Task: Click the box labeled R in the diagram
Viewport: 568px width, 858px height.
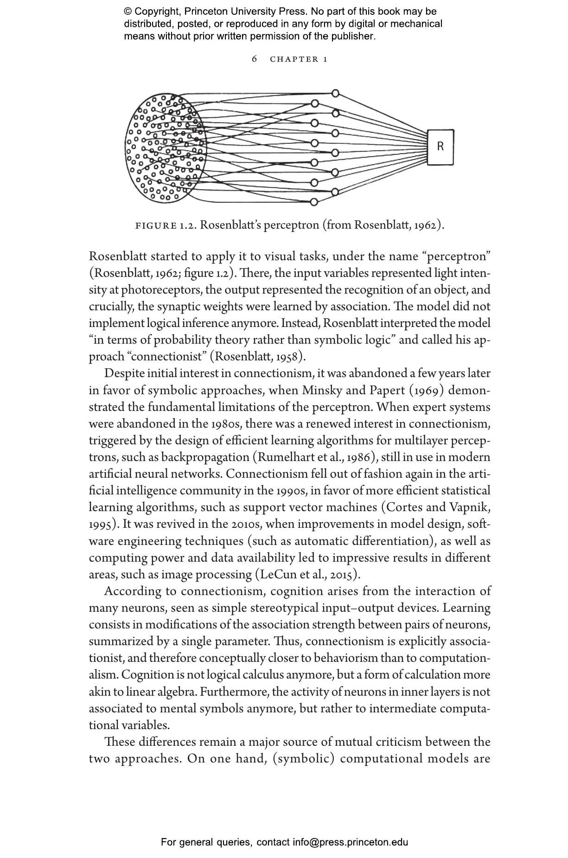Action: click(x=440, y=147)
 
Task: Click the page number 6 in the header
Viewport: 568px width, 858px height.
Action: click(x=254, y=59)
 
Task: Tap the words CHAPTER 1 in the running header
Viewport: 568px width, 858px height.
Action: click(x=299, y=59)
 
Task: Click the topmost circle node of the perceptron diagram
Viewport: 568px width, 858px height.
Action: click(x=335, y=93)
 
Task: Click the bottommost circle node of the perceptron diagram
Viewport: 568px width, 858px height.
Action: click(x=314, y=202)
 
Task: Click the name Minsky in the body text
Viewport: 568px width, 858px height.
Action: click(x=321, y=391)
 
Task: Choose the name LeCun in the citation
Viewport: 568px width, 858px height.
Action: click(x=277, y=575)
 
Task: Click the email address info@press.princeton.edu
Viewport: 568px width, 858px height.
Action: click(x=350, y=842)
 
